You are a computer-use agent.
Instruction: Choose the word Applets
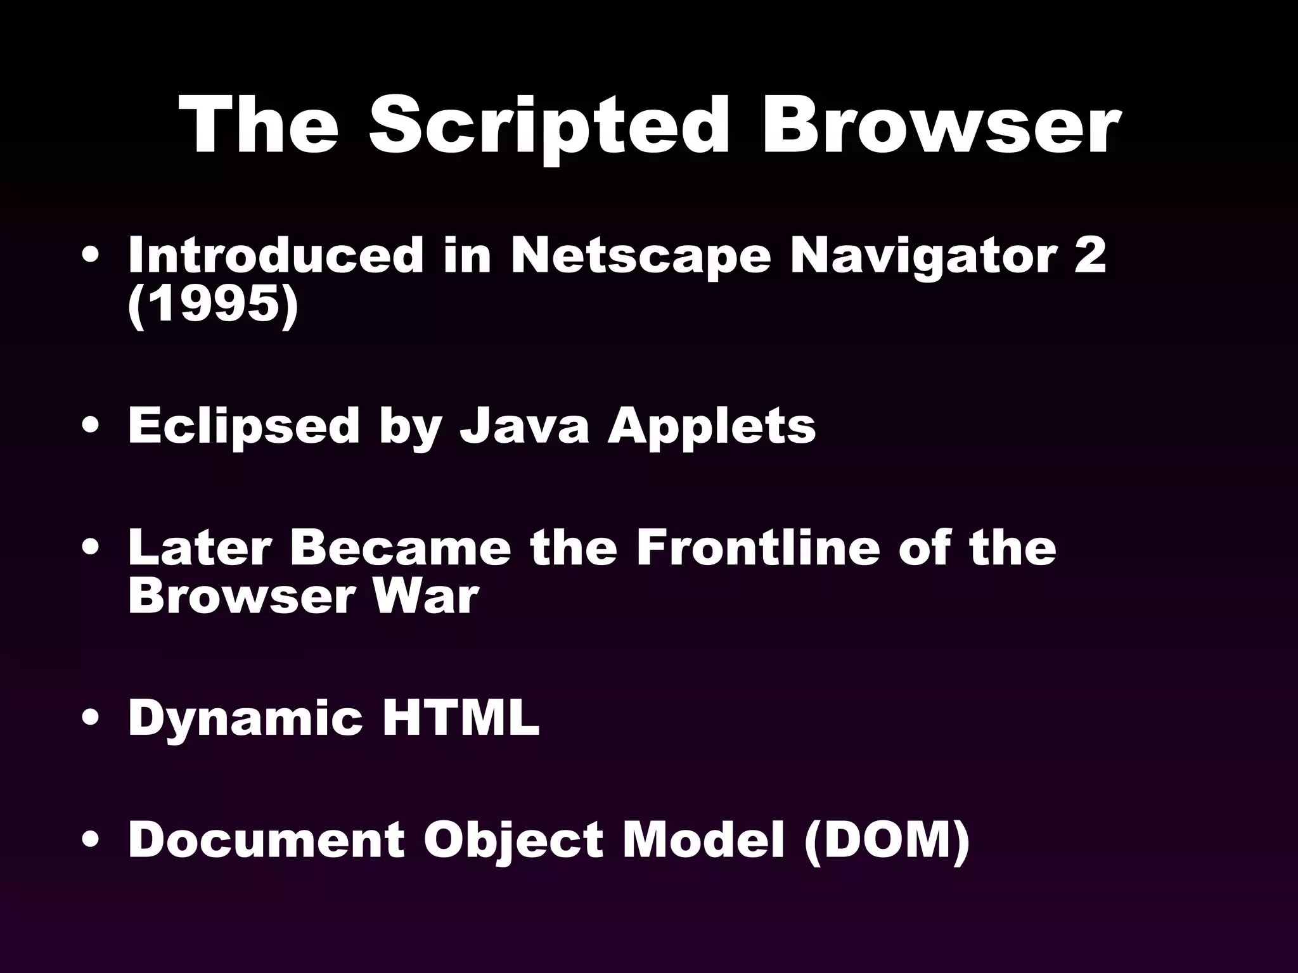712,426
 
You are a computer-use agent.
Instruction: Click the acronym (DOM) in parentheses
886,839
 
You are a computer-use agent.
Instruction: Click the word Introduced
275,255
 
